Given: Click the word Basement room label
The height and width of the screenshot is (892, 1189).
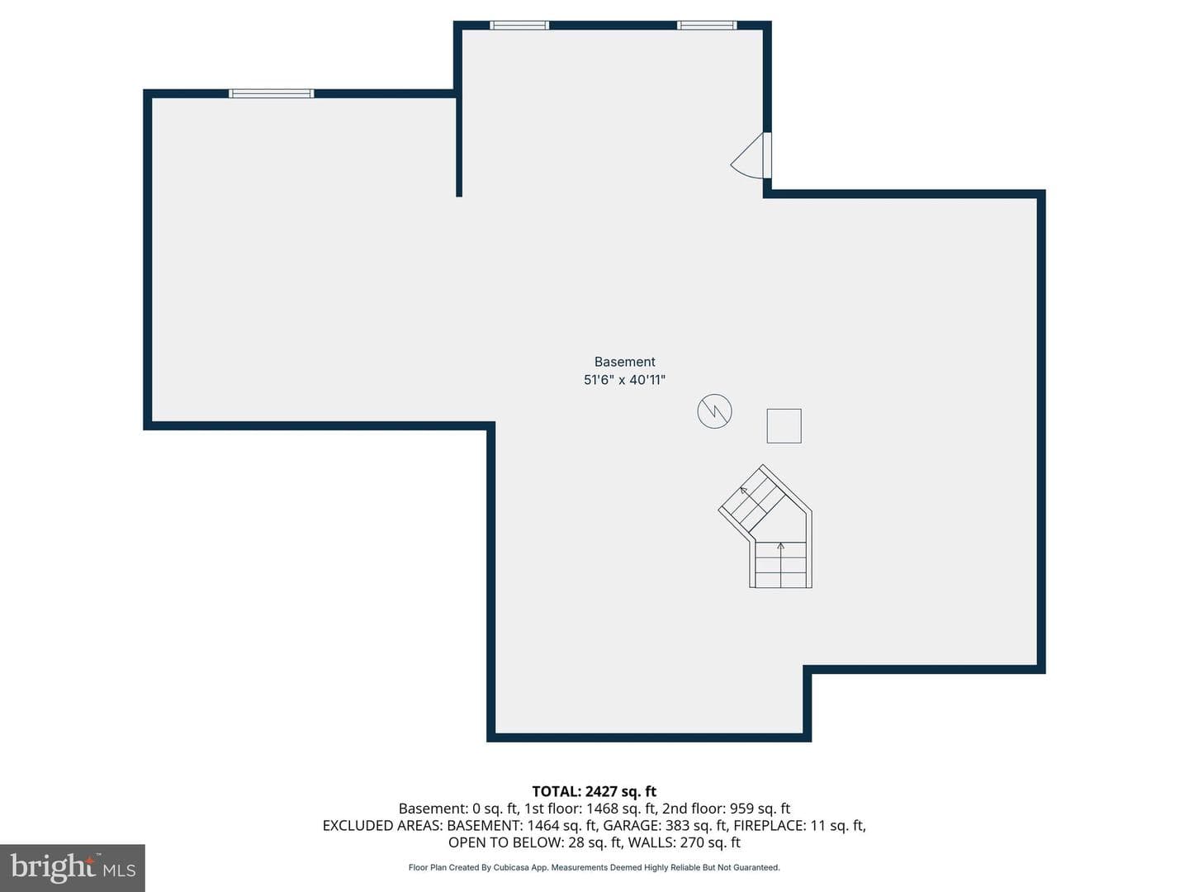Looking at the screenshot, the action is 624,362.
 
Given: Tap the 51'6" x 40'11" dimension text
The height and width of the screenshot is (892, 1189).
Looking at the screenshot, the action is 624,380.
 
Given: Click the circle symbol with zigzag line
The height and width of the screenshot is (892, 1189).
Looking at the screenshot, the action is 714,411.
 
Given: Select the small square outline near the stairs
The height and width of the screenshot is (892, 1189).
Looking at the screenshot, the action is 784,426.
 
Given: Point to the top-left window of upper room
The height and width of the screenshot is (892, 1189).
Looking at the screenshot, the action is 519,26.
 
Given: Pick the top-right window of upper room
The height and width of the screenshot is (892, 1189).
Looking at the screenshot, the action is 707,26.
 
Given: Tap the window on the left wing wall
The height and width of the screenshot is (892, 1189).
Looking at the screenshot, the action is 272,93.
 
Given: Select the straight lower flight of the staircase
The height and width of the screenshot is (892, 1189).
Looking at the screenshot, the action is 780,564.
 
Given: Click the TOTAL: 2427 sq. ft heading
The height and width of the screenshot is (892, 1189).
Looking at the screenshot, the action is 594,791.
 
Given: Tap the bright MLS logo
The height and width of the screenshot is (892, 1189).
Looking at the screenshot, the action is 73,867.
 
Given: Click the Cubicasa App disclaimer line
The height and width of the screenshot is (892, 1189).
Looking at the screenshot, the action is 594,867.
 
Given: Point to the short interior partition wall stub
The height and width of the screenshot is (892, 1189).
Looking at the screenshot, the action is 459,143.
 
